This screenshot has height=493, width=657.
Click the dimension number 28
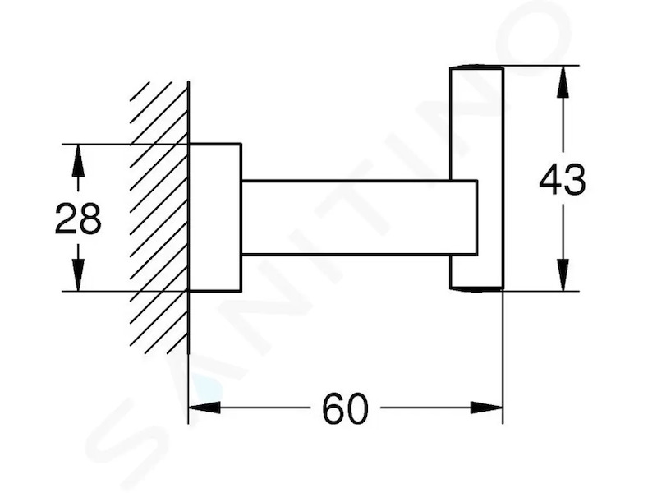[x=78, y=219]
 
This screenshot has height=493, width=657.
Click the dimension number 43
[x=563, y=179]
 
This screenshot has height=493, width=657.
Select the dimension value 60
[x=345, y=408]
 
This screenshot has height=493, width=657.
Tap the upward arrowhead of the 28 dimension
[x=78, y=160]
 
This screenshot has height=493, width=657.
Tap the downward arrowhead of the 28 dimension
[x=78, y=275]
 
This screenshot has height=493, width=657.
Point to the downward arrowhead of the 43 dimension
[x=563, y=274]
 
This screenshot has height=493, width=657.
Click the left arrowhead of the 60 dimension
[x=204, y=407]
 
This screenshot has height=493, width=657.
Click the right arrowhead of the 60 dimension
[x=486, y=407]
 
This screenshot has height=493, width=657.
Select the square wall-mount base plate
[x=215, y=218]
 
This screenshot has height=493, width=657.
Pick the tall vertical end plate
[x=476, y=177]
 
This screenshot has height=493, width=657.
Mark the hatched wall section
[x=159, y=218]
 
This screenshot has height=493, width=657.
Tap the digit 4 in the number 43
[x=550, y=179]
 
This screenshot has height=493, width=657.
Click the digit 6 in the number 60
[x=333, y=408]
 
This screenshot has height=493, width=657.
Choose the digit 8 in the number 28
[x=90, y=219]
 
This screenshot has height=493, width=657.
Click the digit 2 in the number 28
[x=66, y=219]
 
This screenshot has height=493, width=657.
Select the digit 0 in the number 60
[x=357, y=408]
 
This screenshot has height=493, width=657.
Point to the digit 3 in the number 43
[x=574, y=179]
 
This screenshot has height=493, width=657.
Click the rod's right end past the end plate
[x=477, y=218]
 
